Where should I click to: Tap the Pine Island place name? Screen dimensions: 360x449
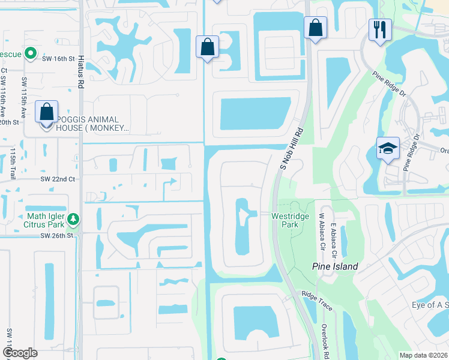[x=335, y=266]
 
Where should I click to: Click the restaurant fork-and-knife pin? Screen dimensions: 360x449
[x=380, y=30]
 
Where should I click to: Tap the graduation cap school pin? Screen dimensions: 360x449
[x=388, y=148]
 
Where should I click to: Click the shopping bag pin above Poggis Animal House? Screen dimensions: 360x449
[x=47, y=112]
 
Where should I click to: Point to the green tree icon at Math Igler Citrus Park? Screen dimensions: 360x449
[x=73, y=220]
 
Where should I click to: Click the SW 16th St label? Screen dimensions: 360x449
[x=59, y=59]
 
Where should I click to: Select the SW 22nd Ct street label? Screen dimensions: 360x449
[x=58, y=179]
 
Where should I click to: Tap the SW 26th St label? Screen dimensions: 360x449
[x=56, y=235]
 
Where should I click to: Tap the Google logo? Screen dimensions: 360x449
[x=20, y=353]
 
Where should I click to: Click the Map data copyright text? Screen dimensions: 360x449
[x=423, y=355]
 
